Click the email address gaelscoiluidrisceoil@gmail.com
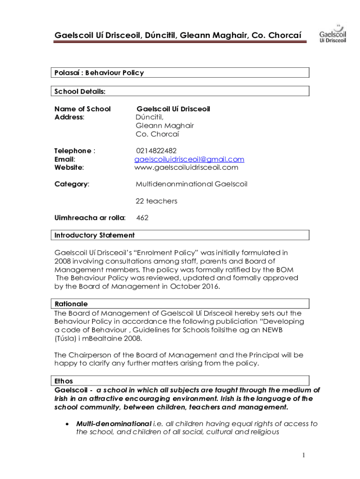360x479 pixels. [189, 159]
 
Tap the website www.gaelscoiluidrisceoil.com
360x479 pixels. [186, 167]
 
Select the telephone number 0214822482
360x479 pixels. [156, 151]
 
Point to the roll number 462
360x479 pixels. [142, 218]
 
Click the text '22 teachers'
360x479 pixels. [156, 201]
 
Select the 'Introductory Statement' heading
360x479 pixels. [94, 235]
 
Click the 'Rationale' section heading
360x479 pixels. [71, 304]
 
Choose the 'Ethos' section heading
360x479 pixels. [64, 381]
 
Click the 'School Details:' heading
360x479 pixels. [80, 92]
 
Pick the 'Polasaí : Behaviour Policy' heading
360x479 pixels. [99, 73]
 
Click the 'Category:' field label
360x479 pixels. [72, 184]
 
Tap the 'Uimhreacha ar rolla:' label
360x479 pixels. [90, 218]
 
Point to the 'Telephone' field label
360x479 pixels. [73, 151]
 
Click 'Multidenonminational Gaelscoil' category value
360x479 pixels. [191, 184]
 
